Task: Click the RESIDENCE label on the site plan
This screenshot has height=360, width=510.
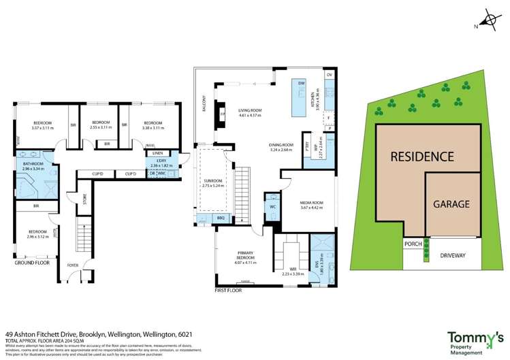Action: point(422,157)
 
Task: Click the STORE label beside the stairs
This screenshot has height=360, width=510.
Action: point(85,199)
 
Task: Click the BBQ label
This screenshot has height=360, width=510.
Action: point(220,218)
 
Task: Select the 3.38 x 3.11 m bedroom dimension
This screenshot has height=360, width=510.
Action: point(149,127)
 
